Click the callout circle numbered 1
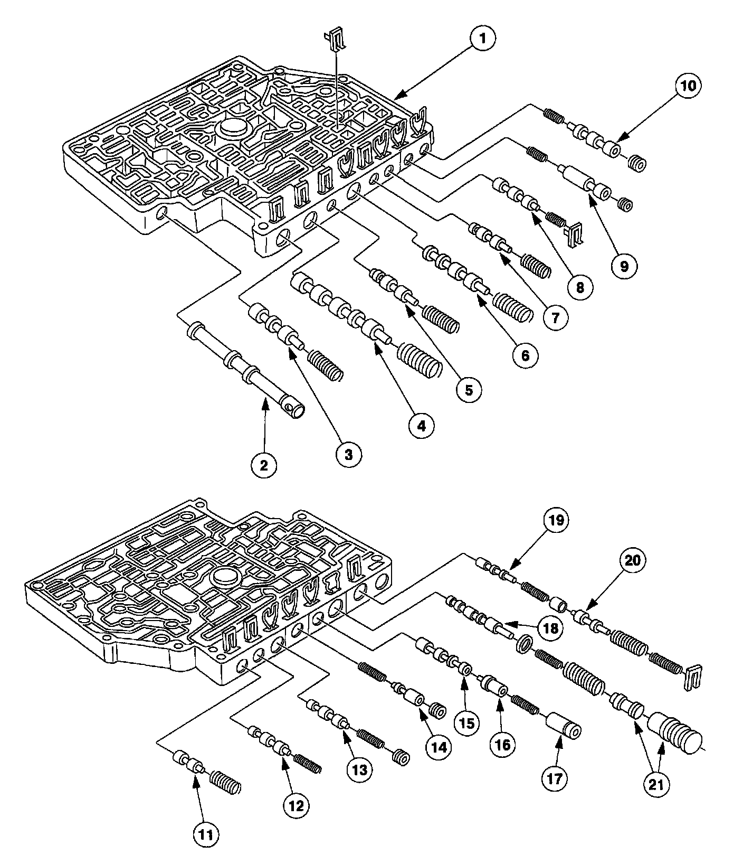[x=482, y=39]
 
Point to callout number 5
[x=469, y=390]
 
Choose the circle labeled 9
[x=624, y=266]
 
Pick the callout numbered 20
[x=633, y=559]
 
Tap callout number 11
[x=205, y=834]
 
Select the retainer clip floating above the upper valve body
[x=336, y=39]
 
